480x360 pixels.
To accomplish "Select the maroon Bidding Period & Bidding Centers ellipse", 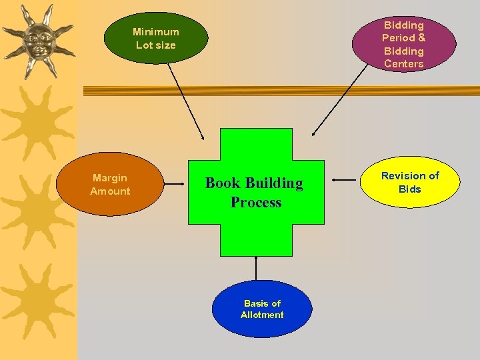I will click(403, 44).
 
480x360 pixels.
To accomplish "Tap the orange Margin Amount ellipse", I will click(110, 185).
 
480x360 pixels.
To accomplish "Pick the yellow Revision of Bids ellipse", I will click(410, 182).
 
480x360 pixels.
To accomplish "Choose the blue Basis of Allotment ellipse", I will click(261, 309).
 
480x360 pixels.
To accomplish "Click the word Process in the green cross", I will click(256, 202).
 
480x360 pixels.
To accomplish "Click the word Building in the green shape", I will click(274, 183).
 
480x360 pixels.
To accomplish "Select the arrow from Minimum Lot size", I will click(186, 100).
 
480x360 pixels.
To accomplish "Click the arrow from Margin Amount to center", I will click(175, 182).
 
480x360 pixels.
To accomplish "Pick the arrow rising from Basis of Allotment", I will click(256, 268).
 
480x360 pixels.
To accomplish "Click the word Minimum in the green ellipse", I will click(156, 31).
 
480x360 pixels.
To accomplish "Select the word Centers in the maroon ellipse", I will click(403, 64).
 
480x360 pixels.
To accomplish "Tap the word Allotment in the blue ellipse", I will click(262, 315).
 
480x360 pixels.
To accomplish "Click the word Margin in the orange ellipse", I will click(110, 178).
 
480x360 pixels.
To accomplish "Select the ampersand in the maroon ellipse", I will click(421, 38).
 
